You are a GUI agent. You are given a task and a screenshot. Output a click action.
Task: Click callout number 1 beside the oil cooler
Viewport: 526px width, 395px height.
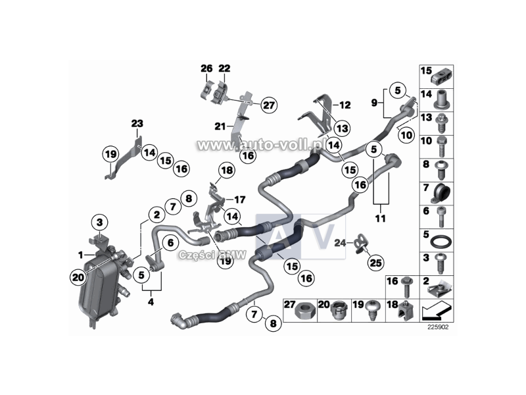click(81, 254)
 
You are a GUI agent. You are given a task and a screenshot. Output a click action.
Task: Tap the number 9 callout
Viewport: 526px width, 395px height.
click(374, 103)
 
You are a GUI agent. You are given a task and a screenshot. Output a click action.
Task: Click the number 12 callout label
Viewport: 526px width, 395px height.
click(346, 105)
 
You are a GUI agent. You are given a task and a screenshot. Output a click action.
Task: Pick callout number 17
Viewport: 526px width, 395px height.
click(239, 199)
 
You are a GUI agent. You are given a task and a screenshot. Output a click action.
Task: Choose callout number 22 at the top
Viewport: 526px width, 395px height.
click(225, 68)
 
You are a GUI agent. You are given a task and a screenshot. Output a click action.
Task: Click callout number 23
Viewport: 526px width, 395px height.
click(136, 123)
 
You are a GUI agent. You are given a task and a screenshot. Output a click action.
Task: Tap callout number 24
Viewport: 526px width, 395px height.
click(339, 243)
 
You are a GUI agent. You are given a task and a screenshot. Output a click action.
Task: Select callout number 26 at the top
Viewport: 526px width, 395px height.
click(206, 68)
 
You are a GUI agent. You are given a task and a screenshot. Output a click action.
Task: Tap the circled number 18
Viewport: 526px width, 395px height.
click(226, 171)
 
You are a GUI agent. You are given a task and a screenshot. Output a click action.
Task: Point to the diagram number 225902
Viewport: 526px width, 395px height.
click(437, 326)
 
